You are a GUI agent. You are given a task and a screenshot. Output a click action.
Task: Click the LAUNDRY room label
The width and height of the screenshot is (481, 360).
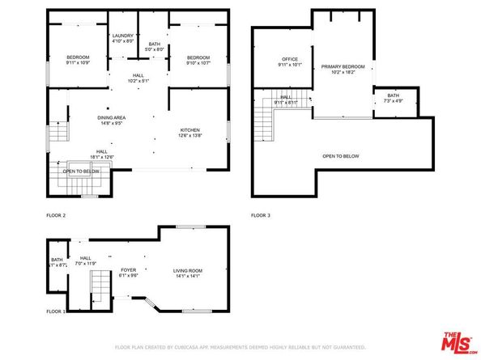(x=123, y=36)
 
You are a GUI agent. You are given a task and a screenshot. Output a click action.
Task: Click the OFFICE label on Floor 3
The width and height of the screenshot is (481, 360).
(x=290, y=59)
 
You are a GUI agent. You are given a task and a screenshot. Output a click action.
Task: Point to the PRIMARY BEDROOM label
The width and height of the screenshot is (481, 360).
(x=343, y=66)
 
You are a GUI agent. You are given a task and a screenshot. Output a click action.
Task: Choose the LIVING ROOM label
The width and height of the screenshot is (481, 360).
(x=187, y=271)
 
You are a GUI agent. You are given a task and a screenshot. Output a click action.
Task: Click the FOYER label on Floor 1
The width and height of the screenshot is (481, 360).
(x=130, y=271)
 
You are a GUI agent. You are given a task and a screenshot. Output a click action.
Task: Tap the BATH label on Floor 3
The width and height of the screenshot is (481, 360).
(x=393, y=96)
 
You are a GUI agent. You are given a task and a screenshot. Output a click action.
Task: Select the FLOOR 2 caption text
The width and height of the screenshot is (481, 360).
(x=56, y=215)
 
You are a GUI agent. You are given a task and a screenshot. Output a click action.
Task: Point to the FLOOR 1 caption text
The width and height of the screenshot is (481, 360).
(x=55, y=311)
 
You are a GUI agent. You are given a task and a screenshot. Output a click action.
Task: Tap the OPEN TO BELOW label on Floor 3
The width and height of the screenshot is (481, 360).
(x=340, y=156)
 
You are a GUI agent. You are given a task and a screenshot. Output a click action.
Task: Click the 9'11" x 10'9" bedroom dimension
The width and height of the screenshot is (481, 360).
(x=78, y=63)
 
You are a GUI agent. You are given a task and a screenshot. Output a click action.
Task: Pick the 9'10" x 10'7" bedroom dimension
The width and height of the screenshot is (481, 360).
(x=198, y=63)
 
